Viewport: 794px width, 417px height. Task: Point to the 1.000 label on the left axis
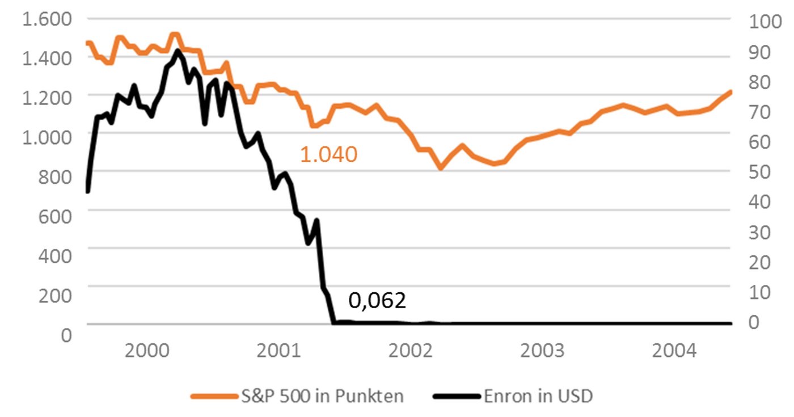tap(47, 136)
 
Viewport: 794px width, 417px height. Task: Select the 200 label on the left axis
tap(56, 295)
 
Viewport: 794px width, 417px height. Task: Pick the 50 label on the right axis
tap(761, 171)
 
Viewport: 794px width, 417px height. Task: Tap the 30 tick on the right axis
tap(761, 231)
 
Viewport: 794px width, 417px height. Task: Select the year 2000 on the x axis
tap(147, 351)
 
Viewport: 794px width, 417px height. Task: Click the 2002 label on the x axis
tap(411, 351)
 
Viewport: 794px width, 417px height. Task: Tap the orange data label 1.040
tap(328, 154)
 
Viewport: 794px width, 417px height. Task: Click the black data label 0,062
tap(377, 301)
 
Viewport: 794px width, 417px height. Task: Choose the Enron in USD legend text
tap(538, 395)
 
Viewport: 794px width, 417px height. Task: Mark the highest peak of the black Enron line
tap(178, 51)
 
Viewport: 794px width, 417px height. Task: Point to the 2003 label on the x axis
tap(543, 351)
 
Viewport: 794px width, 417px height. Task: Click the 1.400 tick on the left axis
tap(47, 58)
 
